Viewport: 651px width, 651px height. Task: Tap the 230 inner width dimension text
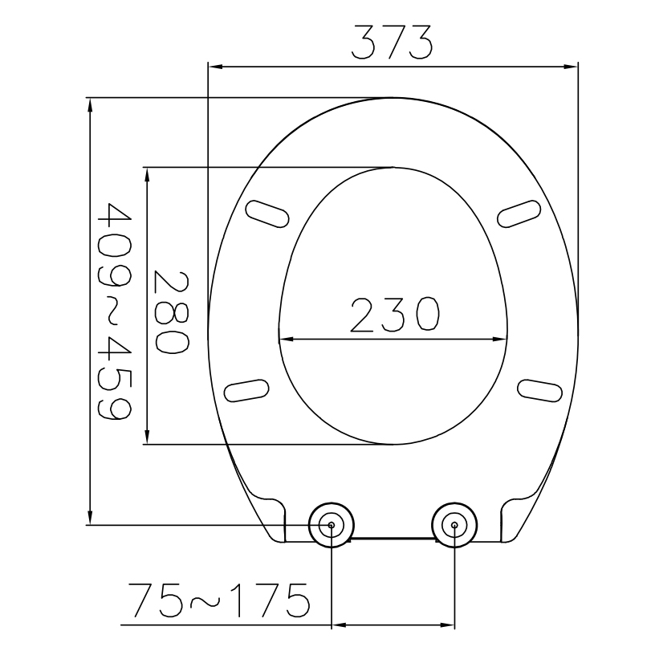(393, 315)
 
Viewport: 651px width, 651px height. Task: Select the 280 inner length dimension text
(171, 311)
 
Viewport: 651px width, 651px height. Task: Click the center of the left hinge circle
(331, 526)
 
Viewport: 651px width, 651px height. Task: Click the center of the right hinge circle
(454, 526)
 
